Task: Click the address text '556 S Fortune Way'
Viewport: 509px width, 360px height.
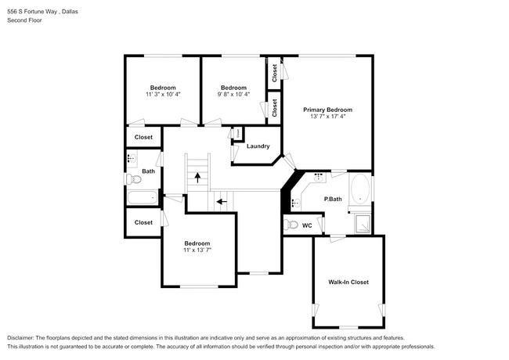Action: coord(31,13)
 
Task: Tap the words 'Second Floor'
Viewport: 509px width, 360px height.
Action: coord(24,20)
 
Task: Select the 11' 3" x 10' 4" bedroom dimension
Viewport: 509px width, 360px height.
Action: coord(163,95)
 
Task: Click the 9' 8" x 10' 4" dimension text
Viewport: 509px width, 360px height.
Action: coord(233,95)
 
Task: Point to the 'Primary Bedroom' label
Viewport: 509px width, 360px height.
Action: coord(327,110)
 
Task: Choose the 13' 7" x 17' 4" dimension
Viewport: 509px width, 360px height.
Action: coord(327,117)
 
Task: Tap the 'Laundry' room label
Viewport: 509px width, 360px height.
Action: coord(258,146)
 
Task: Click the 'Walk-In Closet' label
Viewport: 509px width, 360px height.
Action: coord(348,282)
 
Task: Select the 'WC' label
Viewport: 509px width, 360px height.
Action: coord(307,225)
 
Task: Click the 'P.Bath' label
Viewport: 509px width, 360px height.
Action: coord(334,199)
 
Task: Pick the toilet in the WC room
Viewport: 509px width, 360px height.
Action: coord(291,225)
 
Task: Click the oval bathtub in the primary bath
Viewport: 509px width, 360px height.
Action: coord(360,189)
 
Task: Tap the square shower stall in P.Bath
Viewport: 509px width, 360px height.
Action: coord(363,225)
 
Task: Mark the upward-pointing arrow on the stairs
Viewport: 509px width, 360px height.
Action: coord(197,178)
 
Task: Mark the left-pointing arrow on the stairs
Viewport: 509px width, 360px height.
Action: coord(222,201)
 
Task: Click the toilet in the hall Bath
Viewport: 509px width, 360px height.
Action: coord(132,179)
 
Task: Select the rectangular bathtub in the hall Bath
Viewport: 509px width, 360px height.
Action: coord(143,197)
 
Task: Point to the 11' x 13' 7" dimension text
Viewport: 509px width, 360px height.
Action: coord(197,250)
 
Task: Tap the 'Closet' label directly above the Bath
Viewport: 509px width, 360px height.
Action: coord(143,137)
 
